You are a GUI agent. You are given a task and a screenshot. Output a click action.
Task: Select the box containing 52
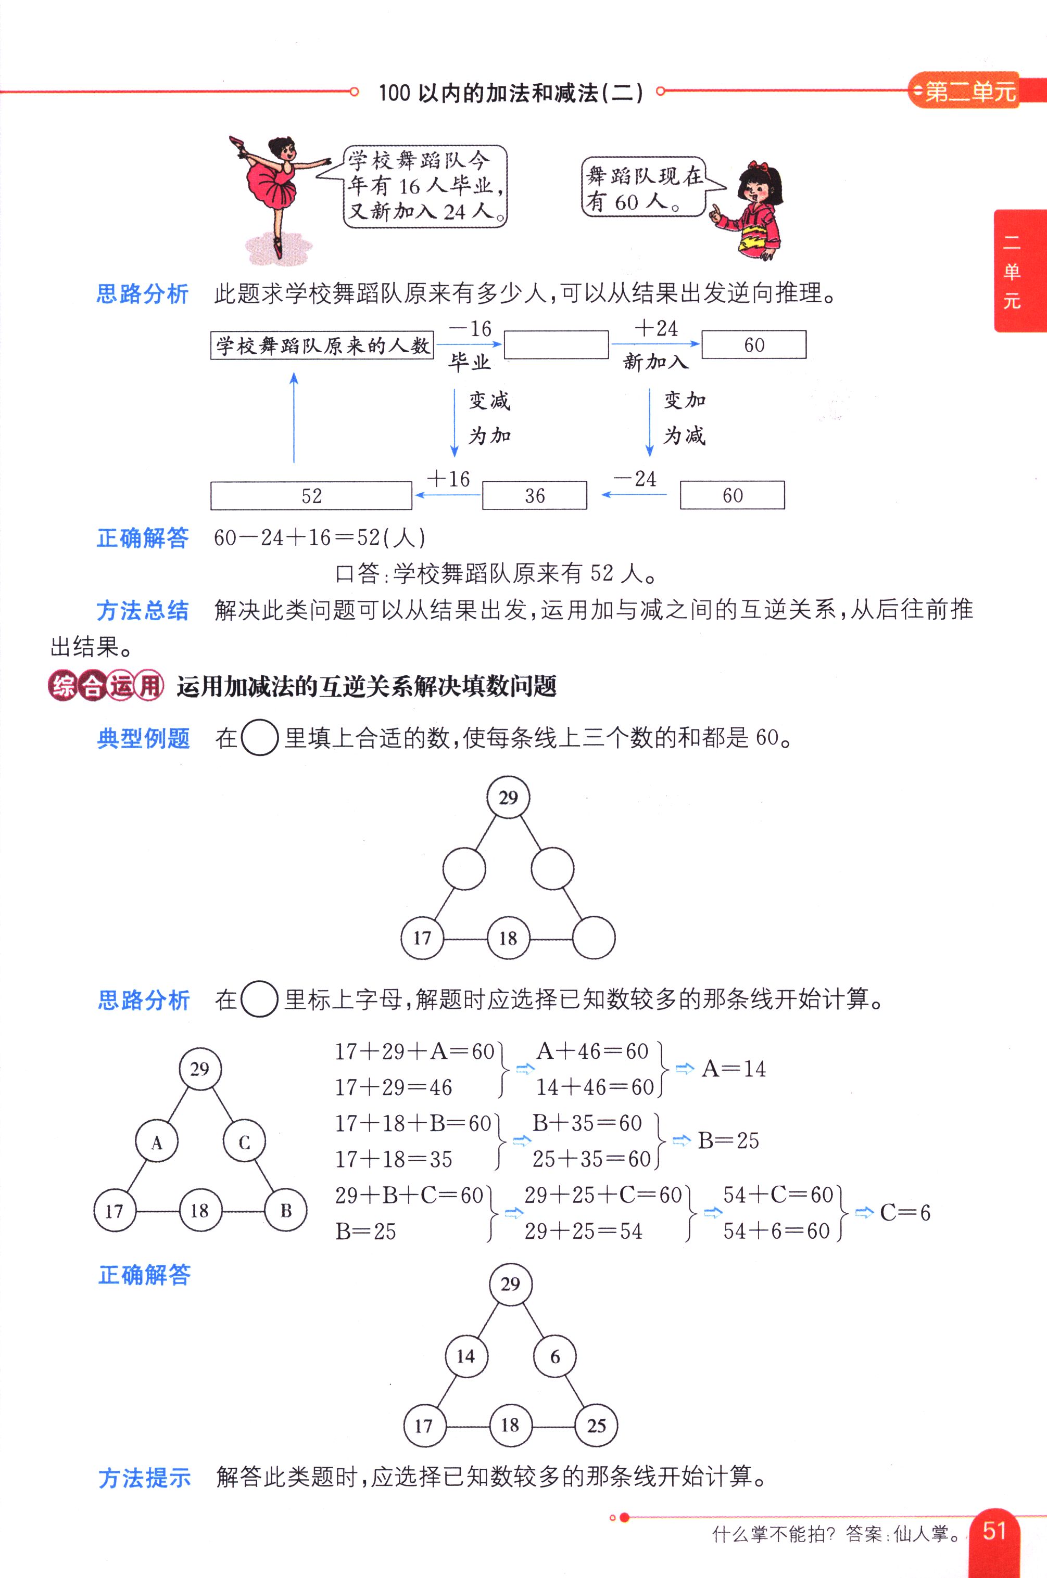coord(311,496)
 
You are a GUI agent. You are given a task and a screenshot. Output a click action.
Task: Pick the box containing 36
coord(534,496)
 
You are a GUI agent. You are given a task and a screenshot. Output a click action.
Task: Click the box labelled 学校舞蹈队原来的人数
coord(322,345)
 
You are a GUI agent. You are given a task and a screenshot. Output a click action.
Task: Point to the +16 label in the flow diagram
coord(449,479)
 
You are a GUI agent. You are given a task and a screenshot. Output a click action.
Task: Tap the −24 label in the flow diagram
coord(635,479)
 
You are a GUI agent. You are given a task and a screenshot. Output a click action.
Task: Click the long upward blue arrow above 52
coord(294,417)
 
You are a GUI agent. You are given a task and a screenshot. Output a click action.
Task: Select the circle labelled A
coord(156,1143)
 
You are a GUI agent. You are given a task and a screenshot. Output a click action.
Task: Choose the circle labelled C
coord(244,1143)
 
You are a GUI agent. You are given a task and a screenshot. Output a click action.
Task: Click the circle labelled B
coord(286,1210)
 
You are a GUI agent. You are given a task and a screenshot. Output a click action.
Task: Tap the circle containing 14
coord(466,1356)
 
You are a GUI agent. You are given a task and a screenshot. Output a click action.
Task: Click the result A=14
coord(734,1069)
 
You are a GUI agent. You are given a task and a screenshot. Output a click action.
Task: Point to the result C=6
coord(905,1212)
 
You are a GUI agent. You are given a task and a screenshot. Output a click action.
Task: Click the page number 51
coord(994,1531)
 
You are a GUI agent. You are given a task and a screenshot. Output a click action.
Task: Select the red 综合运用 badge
coord(106,685)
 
